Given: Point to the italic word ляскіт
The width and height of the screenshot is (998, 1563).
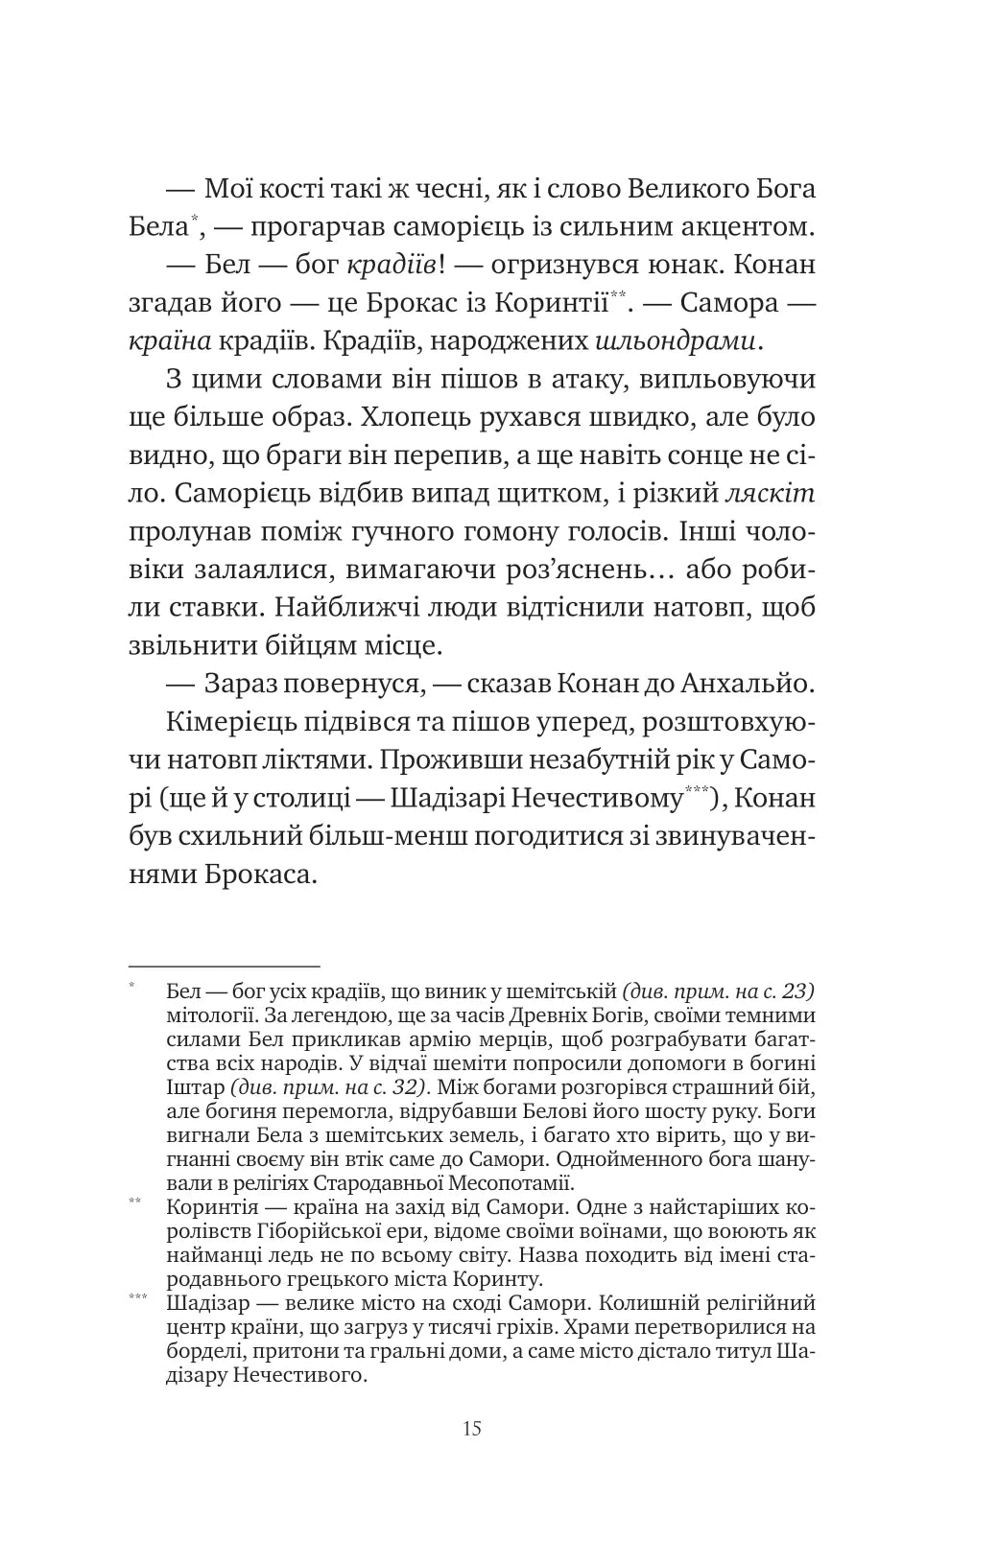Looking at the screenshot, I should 771,494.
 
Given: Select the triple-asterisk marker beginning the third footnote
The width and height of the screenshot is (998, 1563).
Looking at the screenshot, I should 136,1298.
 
